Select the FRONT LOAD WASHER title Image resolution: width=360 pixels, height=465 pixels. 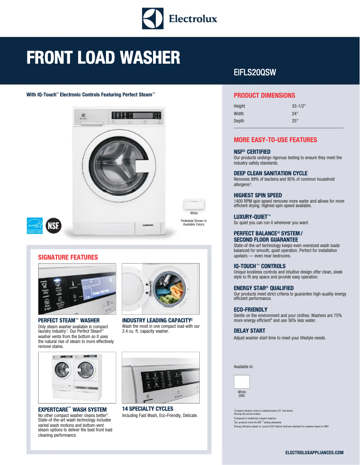click(103, 58)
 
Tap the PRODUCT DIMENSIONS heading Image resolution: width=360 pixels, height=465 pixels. click(264, 96)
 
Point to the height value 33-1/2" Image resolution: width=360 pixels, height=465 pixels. click(299, 106)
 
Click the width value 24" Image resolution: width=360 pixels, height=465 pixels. click(295, 114)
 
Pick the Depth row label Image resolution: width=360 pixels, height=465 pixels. click(239, 121)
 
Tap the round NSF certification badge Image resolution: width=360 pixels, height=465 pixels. click(54, 225)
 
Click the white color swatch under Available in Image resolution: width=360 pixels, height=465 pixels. click(241, 382)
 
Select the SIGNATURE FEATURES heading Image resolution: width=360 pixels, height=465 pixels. click(68, 257)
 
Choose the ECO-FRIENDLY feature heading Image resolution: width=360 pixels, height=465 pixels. click(250, 310)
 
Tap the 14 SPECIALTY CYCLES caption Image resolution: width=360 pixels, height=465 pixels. click(148, 409)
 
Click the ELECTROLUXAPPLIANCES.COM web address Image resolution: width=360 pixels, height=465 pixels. click(314, 453)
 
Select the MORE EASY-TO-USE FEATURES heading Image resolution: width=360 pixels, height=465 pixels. click(275, 140)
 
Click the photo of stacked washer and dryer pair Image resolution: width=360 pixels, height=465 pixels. click(77, 378)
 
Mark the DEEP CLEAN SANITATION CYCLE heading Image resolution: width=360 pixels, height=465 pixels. click(271, 174)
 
